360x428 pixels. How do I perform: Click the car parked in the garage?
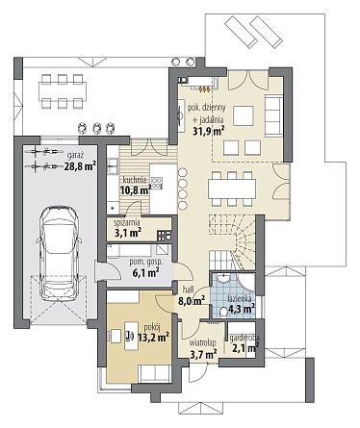(x=59, y=253)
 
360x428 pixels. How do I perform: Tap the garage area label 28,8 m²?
(x=80, y=166)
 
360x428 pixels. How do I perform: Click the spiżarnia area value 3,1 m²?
(x=128, y=233)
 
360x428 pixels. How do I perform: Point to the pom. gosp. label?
(x=146, y=262)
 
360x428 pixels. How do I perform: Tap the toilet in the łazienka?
(x=227, y=312)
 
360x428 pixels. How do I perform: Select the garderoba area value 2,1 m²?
(x=245, y=348)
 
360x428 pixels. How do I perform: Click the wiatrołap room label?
(x=203, y=342)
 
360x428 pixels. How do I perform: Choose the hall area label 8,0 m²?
(x=192, y=301)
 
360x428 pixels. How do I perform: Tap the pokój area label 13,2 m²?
(x=153, y=338)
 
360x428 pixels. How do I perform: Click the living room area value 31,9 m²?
(x=209, y=131)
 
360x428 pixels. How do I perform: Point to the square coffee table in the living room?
(x=244, y=115)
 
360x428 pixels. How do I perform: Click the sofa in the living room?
(x=274, y=115)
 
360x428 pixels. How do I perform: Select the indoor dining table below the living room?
(x=232, y=189)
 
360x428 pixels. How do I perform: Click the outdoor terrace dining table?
(x=63, y=91)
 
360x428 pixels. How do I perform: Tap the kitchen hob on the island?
(x=157, y=183)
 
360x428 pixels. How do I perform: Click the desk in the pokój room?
(x=131, y=336)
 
